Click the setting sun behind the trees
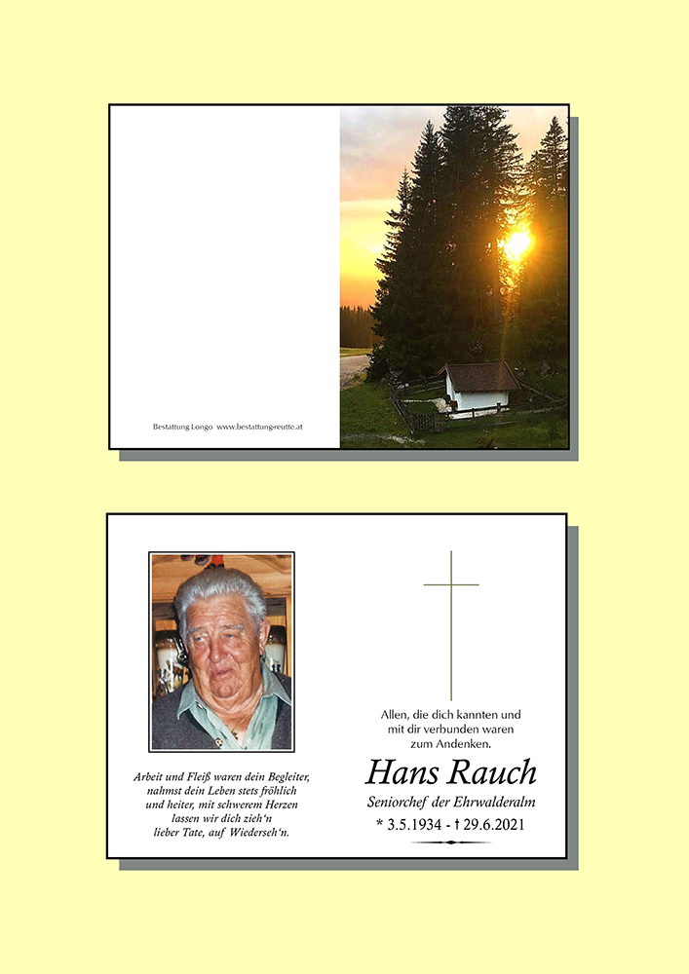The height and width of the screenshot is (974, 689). [x=517, y=243]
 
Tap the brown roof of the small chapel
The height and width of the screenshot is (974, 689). [x=478, y=376]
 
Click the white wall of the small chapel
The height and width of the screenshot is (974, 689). [x=477, y=399]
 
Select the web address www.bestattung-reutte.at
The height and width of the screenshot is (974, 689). [x=260, y=427]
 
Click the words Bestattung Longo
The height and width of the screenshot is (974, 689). [x=182, y=427]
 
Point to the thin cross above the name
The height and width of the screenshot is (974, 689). [x=451, y=623]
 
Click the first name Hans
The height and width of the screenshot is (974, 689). [x=402, y=773]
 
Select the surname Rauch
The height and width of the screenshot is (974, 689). [x=494, y=773]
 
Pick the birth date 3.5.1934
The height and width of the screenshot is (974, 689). [x=417, y=825]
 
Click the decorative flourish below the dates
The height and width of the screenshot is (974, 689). [x=451, y=843]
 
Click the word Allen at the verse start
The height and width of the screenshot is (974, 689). [x=397, y=714]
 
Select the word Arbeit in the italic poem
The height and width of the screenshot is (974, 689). [x=152, y=777]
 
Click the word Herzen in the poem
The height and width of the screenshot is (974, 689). [x=277, y=805]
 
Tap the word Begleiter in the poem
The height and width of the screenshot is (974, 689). [x=284, y=777]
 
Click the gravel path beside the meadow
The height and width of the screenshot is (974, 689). [x=353, y=369]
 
